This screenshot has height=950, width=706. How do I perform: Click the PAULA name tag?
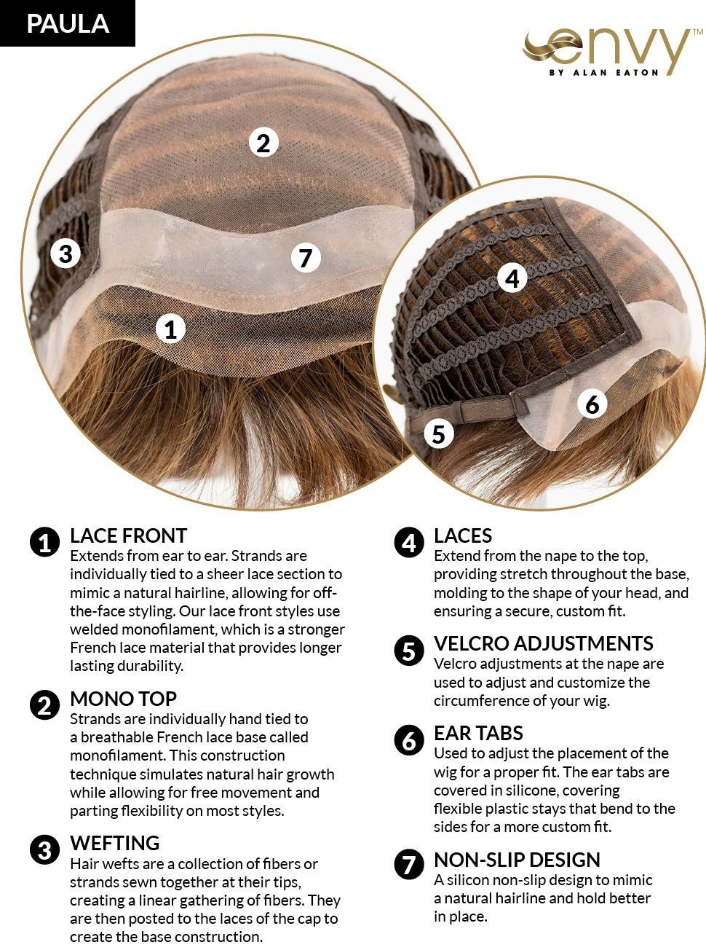[x=68, y=23]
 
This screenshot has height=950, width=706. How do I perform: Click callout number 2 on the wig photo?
[x=263, y=143]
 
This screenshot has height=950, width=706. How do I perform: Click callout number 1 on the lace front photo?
[x=170, y=329]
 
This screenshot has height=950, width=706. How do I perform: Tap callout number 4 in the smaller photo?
[x=512, y=278]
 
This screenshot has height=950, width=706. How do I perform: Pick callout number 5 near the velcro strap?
[x=439, y=434]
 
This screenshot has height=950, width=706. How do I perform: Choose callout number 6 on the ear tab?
[x=592, y=404]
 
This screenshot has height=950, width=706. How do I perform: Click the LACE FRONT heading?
[x=128, y=535]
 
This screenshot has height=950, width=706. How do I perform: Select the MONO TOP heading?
[x=123, y=699]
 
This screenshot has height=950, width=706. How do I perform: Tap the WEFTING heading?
[x=115, y=843]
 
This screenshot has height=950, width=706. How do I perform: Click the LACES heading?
[x=463, y=535]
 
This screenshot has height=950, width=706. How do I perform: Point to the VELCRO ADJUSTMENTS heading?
[x=544, y=643]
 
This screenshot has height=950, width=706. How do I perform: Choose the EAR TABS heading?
[x=478, y=734]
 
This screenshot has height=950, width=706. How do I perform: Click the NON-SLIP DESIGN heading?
[x=517, y=860]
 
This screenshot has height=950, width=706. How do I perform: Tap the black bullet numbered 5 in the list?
[x=409, y=650]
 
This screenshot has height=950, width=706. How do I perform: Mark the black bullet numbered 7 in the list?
[x=409, y=865]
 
